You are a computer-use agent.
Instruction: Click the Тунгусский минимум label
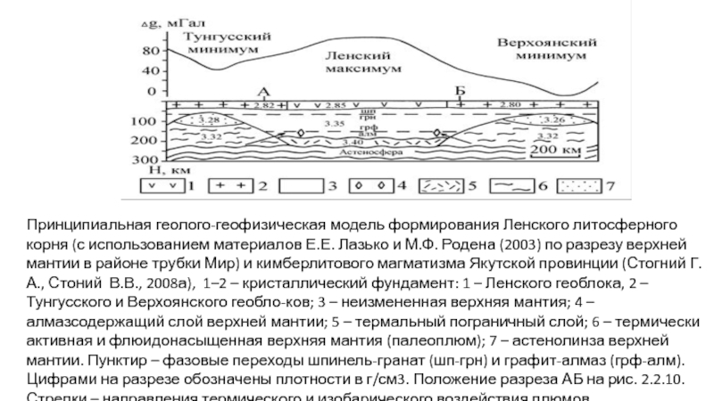(x=227, y=43)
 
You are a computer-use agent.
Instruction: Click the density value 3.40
(x=353, y=143)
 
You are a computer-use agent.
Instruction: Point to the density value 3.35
(x=335, y=123)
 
